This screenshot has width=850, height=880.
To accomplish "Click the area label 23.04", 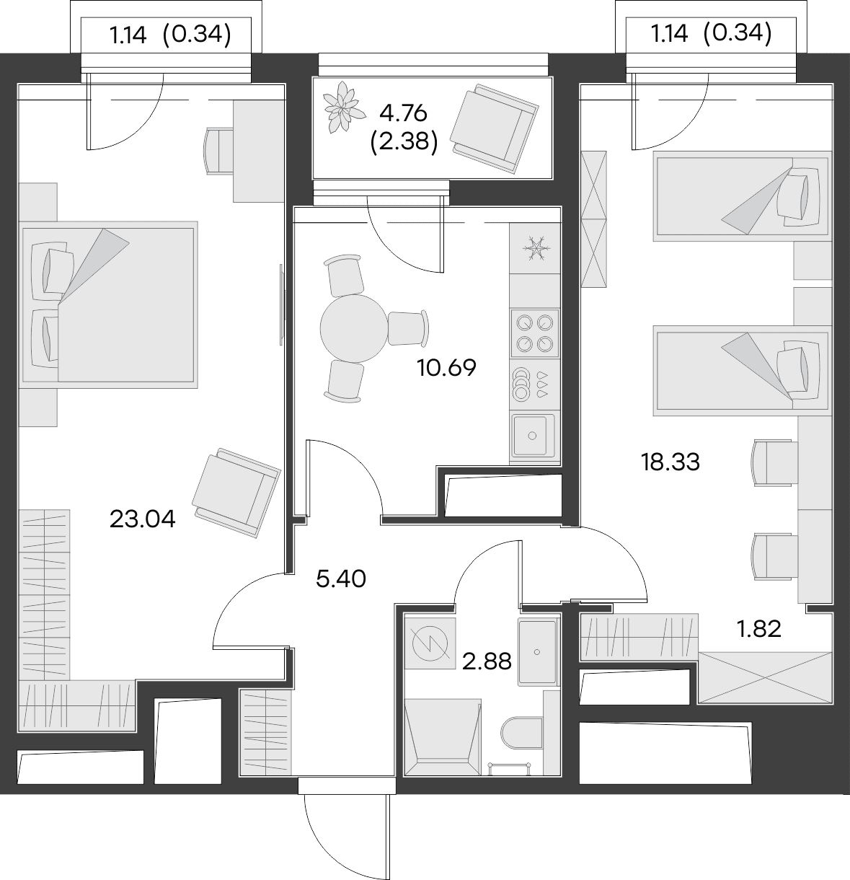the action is tap(142, 519).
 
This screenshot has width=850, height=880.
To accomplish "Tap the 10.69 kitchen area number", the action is tap(446, 368).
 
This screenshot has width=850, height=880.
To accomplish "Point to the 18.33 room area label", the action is tap(670, 462).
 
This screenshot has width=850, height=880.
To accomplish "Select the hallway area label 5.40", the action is tap(341, 578).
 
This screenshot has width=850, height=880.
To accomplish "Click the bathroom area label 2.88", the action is tap(487, 661).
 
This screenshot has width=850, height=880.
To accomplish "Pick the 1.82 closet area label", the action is tap(758, 629).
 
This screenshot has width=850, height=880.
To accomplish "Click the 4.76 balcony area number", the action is tap(403, 113).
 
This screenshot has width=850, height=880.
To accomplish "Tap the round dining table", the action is tap(354, 328).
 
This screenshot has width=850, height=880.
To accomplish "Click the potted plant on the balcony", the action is tap(344, 107).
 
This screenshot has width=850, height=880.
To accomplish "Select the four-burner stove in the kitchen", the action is tap(535, 333).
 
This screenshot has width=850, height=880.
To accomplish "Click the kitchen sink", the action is tap(534, 435).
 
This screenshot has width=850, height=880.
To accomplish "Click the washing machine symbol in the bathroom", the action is tap(430, 643).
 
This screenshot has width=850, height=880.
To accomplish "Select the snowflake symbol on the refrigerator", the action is tap(536, 248).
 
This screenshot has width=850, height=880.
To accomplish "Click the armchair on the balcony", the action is tap(495, 129).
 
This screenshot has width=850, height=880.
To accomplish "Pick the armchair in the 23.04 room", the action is tap(236, 493).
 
